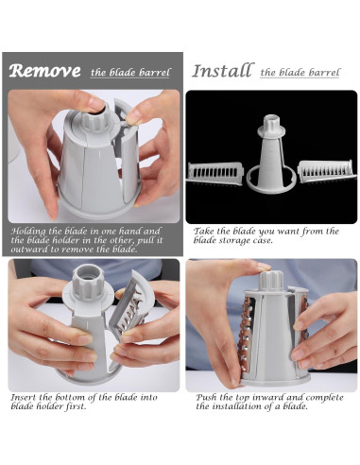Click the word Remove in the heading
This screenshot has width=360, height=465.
tap(44, 71)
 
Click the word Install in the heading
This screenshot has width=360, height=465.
tap(223, 70)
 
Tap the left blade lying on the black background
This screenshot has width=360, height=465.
tap(215, 172)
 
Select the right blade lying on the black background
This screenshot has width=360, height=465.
tap(326, 172)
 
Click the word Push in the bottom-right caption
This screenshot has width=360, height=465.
tap(206, 397)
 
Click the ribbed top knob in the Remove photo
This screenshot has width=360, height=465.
tap(96, 118)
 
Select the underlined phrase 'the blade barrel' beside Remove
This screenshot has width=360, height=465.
tap(130, 73)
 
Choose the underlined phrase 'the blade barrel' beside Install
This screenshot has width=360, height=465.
tap(300, 73)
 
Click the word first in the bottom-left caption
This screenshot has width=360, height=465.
tap(76, 406)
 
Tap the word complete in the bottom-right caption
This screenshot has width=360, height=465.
tap(324, 398)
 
